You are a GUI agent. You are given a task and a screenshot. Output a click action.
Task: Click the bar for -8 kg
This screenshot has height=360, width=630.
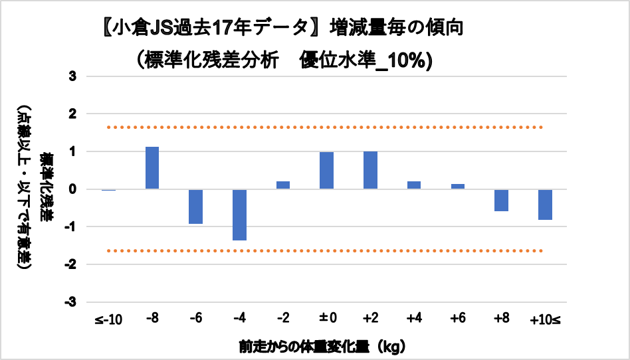point(152,168)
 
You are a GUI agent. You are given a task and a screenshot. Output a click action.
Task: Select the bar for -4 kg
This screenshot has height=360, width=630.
point(239,215)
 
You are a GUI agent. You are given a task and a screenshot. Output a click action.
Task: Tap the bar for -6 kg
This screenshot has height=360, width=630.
point(195,207)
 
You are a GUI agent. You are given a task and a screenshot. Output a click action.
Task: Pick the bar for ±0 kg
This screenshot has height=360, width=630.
point(326,171)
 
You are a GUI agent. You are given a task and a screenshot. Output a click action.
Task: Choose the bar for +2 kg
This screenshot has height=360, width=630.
point(370,170)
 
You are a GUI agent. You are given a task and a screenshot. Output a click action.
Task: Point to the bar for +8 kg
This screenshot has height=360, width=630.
point(501,200)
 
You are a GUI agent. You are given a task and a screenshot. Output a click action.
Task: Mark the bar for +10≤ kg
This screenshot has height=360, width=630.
point(545,205)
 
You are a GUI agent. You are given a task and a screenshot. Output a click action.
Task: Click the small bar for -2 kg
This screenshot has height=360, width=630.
point(282,185)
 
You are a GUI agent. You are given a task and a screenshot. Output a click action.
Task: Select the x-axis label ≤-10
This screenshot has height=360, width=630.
point(109,320)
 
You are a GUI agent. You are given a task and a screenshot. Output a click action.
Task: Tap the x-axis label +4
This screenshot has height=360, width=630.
point(414,320)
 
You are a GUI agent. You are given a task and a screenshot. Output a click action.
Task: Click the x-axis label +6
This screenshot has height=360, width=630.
point(457,320)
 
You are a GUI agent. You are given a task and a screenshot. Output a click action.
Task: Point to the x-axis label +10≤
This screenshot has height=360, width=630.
point(545,320)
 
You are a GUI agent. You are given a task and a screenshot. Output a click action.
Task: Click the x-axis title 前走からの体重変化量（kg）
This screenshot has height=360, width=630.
point(322,346)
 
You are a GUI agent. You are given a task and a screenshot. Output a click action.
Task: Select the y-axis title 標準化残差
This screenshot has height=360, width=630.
point(47,189)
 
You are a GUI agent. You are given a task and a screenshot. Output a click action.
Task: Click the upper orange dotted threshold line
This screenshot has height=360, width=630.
point(326,127)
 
